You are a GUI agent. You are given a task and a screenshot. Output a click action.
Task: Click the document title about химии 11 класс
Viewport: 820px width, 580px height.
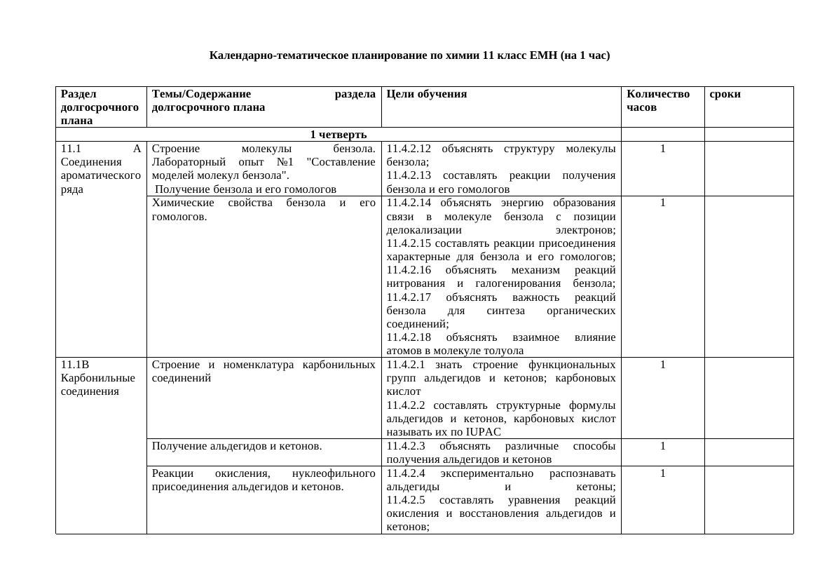pos(409,55)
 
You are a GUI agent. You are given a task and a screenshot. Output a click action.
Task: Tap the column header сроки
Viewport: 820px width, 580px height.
pos(725,94)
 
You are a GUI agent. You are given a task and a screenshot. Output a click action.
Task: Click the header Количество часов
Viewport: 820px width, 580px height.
pos(657,100)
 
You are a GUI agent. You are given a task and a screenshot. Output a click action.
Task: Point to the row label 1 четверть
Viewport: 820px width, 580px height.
pos(338,135)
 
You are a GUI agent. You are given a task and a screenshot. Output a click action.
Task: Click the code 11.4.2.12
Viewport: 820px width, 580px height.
pos(409,149)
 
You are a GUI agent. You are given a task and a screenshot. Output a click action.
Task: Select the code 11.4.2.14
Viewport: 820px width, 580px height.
pos(409,203)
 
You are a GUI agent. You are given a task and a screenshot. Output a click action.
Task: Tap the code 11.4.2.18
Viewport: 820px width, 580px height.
pos(409,337)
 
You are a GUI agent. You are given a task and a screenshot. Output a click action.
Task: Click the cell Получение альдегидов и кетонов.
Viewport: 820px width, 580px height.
pos(237,446)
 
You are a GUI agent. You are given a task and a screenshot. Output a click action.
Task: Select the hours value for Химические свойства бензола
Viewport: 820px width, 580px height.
pos(662,203)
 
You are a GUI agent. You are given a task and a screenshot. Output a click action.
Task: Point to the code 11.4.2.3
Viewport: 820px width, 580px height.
pos(406,446)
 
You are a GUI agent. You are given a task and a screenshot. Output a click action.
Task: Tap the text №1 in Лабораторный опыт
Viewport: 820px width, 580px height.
pos(284,162)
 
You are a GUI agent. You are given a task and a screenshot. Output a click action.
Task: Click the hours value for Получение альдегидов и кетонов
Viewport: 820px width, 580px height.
pos(662,446)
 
